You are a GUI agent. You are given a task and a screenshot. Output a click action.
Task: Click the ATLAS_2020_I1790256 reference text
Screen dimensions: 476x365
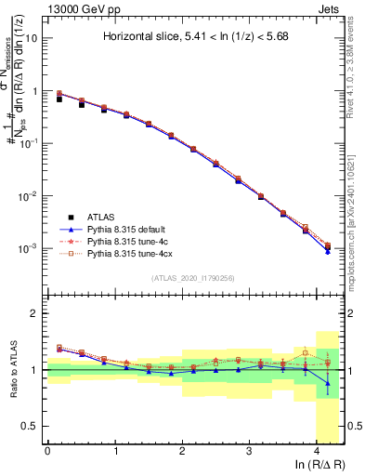coord(194,277)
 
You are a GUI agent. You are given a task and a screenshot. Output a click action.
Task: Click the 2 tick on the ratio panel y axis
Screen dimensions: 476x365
coord(35,314)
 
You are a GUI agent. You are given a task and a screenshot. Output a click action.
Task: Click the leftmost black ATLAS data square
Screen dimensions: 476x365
coord(59,98)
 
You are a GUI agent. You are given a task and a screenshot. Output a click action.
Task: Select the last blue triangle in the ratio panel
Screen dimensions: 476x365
coord(328,383)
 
